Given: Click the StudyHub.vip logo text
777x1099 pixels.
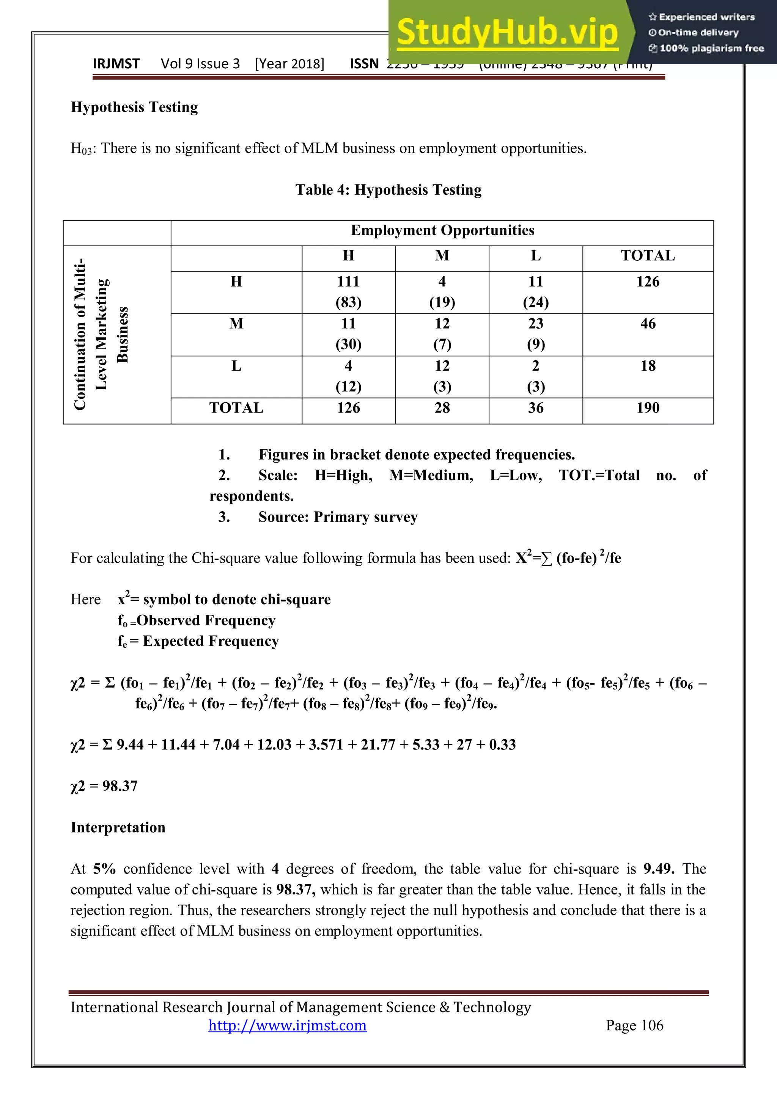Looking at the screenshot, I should [x=507, y=33].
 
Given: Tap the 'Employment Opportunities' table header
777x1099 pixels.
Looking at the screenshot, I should [x=442, y=231].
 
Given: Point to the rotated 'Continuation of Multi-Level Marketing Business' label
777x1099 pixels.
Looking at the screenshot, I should [x=101, y=334].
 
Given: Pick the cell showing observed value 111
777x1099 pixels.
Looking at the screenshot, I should [x=348, y=282].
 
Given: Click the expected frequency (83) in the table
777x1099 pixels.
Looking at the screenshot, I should [x=348, y=302].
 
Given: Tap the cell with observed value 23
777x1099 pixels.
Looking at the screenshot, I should [x=535, y=324].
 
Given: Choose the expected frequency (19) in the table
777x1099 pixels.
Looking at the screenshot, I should [x=442, y=302].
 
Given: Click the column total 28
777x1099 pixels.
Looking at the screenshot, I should [x=442, y=408].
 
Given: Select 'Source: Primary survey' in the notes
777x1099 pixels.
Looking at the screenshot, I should [x=338, y=517].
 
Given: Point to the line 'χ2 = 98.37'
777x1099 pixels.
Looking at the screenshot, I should [x=104, y=786].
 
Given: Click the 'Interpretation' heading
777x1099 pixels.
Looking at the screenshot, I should [x=118, y=828].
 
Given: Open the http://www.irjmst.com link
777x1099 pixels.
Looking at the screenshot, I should [x=288, y=1026].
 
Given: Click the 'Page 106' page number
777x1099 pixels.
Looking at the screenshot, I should [x=634, y=1026].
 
